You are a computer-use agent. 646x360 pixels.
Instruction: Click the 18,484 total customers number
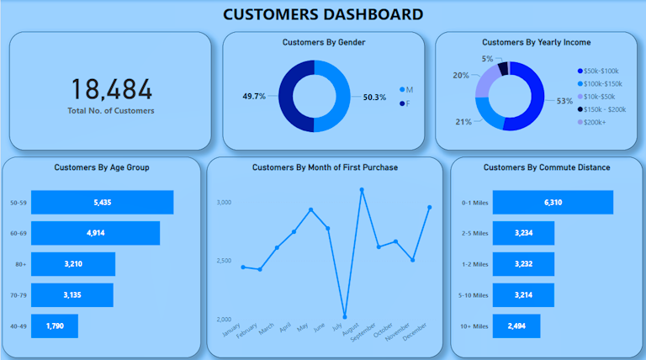point(112,90)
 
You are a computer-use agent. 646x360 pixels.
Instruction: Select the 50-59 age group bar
point(102,203)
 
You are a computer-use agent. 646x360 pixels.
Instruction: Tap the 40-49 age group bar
point(55,326)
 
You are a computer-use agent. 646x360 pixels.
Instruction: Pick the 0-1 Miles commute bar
point(553,203)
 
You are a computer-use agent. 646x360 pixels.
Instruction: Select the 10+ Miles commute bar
point(516,326)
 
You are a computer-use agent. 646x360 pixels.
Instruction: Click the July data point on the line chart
point(345,317)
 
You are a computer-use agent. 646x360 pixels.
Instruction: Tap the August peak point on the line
point(362,190)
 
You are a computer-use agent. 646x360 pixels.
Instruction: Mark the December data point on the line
point(430,207)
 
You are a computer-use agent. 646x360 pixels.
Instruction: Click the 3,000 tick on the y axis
point(223,203)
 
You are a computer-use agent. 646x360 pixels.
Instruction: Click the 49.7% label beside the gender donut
point(254,97)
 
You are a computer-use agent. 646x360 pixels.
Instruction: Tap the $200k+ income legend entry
point(594,123)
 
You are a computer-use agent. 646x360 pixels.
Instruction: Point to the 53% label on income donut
point(564,101)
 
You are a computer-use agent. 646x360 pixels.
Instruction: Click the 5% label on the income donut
point(487,59)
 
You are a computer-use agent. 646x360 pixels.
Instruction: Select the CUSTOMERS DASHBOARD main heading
point(323,14)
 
